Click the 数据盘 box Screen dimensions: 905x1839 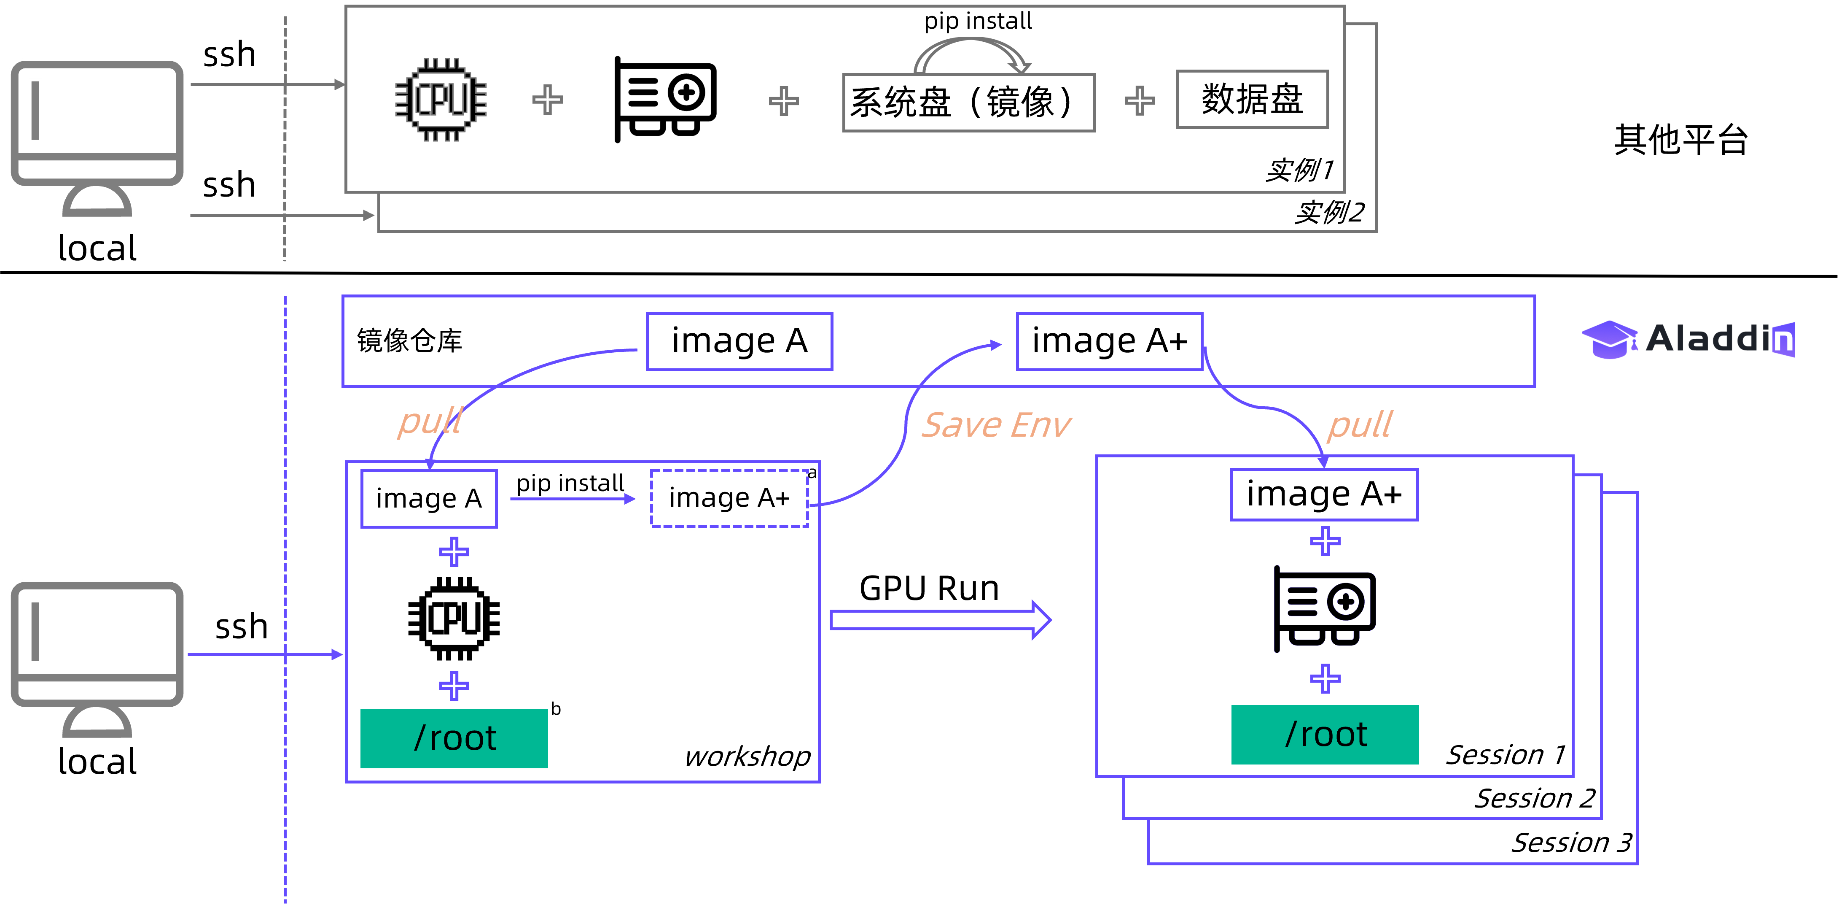[1252, 99]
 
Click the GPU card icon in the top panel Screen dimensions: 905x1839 [665, 99]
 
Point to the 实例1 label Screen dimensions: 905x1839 [1299, 170]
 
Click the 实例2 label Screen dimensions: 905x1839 [1329, 212]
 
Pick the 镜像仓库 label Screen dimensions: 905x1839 [410, 341]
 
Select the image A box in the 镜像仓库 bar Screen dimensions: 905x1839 [739, 341]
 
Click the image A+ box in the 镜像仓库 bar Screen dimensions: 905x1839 [1109, 341]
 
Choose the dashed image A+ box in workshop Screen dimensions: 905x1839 [729, 498]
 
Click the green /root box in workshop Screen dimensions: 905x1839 [454, 738]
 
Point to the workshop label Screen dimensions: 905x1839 [747, 756]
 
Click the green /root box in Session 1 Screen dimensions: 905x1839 [1325, 734]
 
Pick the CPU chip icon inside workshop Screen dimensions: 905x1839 [454, 618]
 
